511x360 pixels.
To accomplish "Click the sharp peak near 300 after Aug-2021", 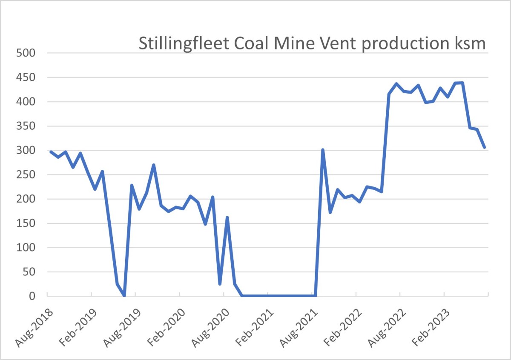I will coord(323,150).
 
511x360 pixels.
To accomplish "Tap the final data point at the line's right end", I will coord(485,148).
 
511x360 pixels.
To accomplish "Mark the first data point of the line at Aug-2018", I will coord(51,152).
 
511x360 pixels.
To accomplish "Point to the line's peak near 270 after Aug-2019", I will coord(153,165).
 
